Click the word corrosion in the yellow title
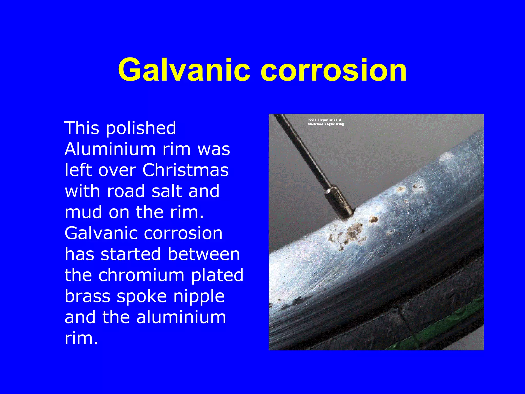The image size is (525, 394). coord(334,70)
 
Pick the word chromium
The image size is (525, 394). coord(141,275)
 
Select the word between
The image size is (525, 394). coord(204,254)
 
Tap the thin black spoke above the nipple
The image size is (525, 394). coord(302,149)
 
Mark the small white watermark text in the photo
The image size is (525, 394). coord(326,122)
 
